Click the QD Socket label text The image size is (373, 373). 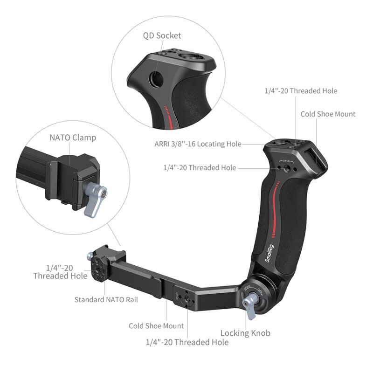click(162, 35)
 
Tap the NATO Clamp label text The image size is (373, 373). click(73, 138)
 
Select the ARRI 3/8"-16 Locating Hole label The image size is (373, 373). click(198, 144)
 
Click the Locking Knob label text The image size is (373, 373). click(245, 333)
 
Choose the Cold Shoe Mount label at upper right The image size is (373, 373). click(328, 114)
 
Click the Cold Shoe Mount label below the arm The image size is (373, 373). click(156, 326)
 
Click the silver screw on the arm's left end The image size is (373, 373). click(89, 256)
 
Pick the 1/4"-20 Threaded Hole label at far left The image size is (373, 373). click(60, 271)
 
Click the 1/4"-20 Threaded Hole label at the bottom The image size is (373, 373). click(187, 342)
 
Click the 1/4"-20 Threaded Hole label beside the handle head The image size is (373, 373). click(200, 167)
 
